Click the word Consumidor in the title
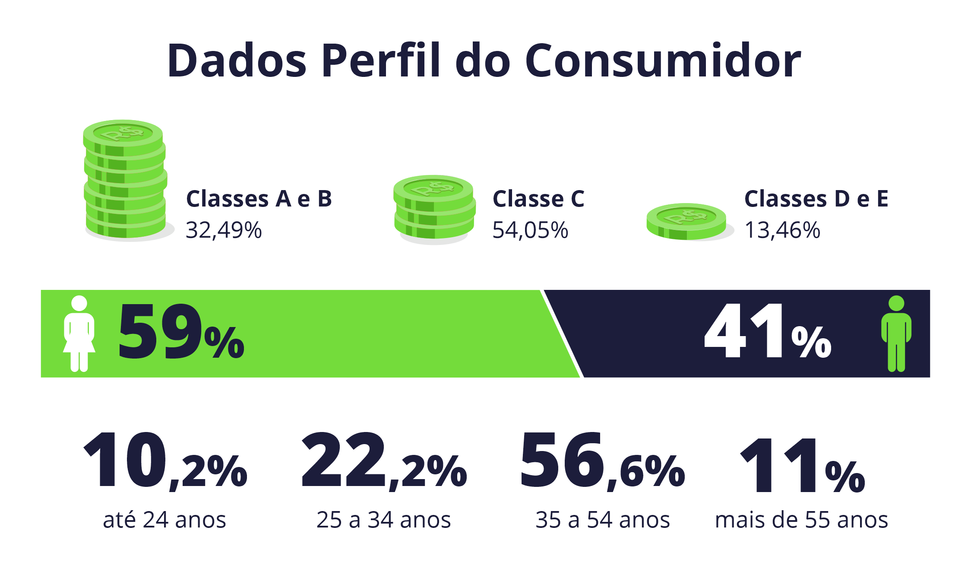click(x=663, y=60)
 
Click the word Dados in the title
click(x=237, y=60)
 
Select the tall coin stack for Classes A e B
click(x=125, y=179)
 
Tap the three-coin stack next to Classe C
click(x=434, y=207)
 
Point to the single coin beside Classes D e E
click(x=686, y=221)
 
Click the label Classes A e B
click(x=259, y=199)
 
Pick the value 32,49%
click(x=224, y=230)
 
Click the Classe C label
click(x=538, y=199)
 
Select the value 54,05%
click(x=530, y=230)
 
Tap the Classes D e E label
click(x=816, y=199)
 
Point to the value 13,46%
click(x=782, y=230)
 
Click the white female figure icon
click(x=79, y=334)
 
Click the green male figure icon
click(x=896, y=334)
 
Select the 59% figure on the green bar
click(x=180, y=332)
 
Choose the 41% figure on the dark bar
click(x=767, y=332)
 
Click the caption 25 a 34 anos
click(x=383, y=520)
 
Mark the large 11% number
click(x=802, y=466)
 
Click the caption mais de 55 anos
click(x=801, y=520)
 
